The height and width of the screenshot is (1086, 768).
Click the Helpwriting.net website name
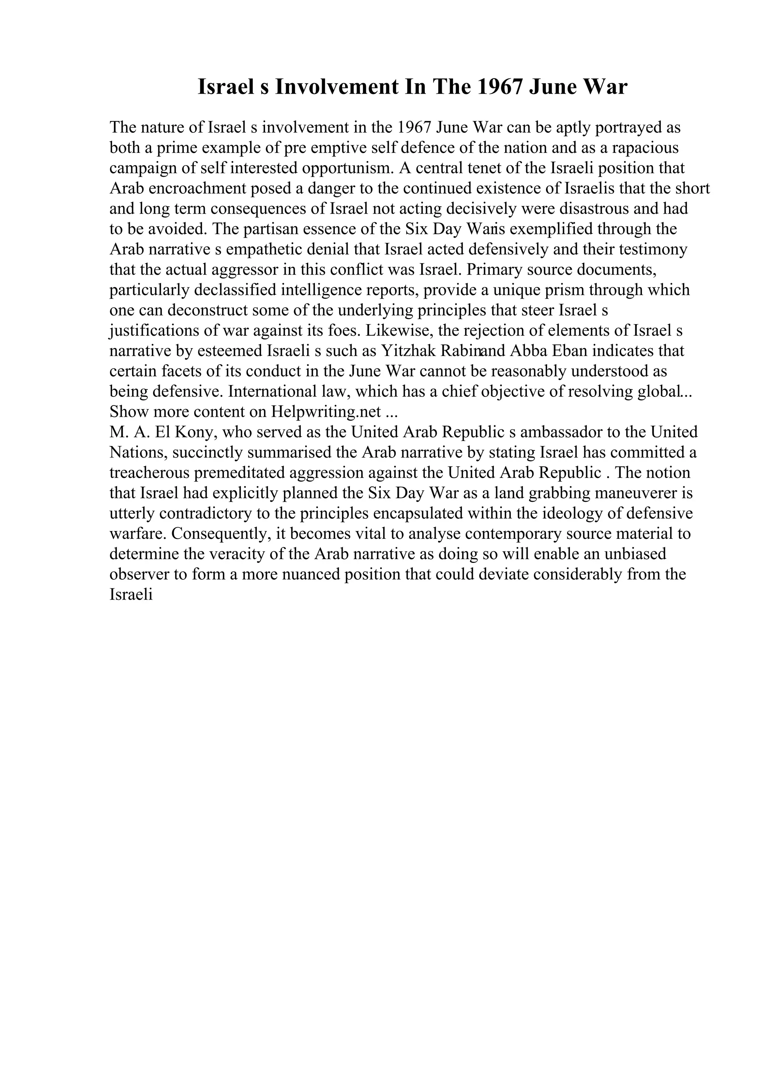tap(326, 412)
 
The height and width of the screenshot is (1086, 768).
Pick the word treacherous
tap(148, 473)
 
